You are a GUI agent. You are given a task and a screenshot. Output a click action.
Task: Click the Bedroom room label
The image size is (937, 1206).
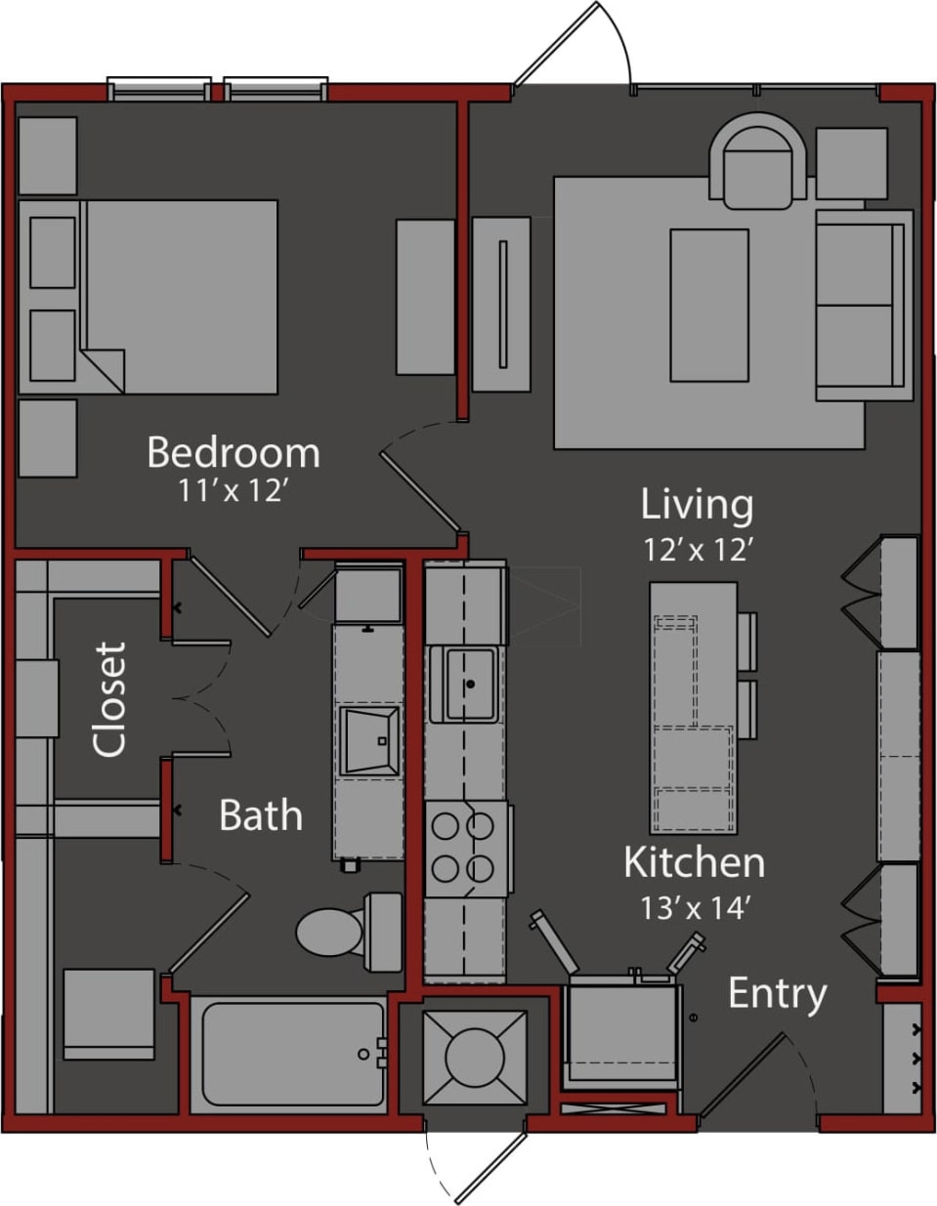233,453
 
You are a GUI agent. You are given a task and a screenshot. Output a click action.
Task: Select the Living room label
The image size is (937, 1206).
697,505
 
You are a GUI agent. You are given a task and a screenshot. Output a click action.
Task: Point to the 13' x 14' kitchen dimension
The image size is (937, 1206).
694,908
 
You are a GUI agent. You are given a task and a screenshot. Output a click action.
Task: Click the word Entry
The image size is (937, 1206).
777,993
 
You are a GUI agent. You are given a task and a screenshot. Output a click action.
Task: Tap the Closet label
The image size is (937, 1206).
110,698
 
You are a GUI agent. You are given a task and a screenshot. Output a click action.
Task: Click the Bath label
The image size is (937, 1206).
260,815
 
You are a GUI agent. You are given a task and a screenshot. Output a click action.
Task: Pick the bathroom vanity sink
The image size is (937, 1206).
369,740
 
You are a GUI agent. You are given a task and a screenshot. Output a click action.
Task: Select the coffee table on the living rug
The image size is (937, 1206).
708,305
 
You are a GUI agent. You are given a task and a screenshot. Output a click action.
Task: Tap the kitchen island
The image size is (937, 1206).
694,708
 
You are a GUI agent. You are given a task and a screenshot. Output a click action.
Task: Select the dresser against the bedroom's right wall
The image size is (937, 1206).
425,297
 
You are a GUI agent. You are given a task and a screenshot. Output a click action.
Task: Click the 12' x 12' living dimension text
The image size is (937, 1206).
697,550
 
